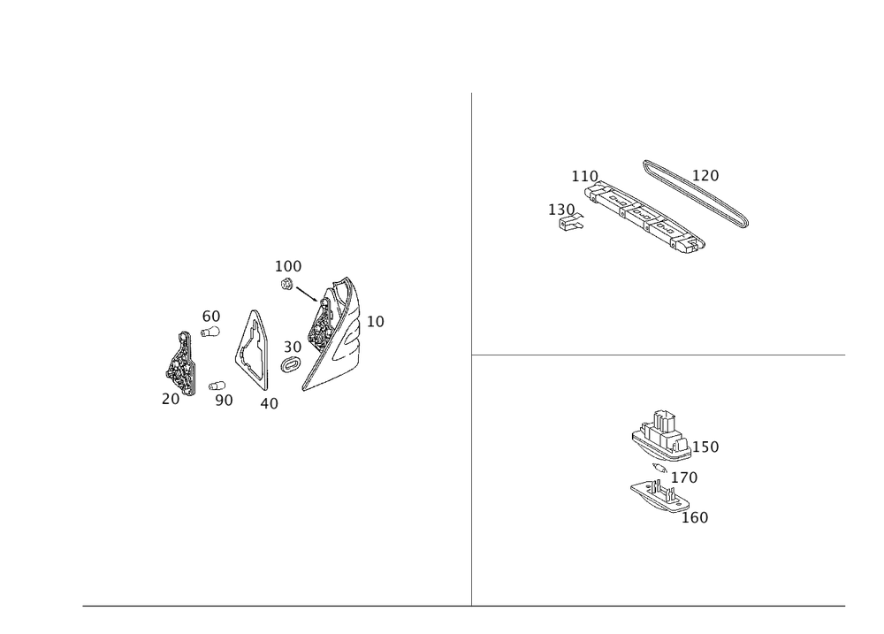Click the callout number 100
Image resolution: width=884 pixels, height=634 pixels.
287,266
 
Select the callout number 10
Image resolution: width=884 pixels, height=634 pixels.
375,322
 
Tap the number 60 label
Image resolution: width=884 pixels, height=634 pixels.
211,317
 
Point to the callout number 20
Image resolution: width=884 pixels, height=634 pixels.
171,399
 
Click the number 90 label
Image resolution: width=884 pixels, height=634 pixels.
224,400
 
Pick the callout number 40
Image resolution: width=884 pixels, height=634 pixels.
269,403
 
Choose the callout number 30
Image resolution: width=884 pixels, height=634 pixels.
292,347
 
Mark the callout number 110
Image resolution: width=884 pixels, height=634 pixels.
584,177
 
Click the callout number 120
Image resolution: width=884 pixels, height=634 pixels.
705,175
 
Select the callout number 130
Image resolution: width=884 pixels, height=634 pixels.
561,210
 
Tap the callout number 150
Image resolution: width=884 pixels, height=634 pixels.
705,447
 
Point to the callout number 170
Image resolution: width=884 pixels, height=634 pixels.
684,477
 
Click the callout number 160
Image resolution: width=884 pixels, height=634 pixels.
695,517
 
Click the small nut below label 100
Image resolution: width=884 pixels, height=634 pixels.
286,285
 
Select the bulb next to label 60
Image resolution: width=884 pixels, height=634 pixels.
211,332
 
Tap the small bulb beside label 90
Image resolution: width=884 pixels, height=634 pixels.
217,386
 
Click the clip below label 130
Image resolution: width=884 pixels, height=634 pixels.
571,224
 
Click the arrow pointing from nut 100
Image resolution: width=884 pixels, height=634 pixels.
307,294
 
